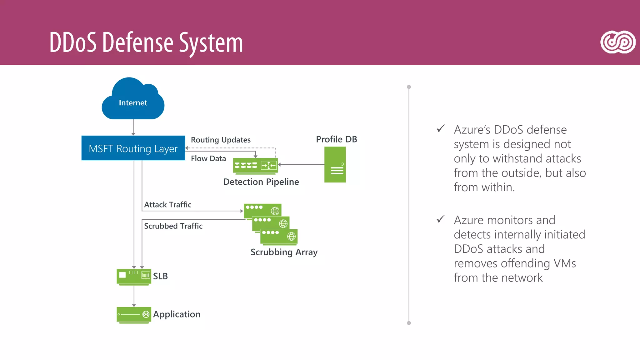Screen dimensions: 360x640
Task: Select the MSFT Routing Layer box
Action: (133, 148)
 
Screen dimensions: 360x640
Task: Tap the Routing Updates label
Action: (221, 140)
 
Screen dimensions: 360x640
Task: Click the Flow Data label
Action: (208, 158)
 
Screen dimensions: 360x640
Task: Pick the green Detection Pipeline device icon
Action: (255, 166)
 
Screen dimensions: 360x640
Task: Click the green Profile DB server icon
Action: (335, 165)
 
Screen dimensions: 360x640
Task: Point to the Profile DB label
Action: (336, 139)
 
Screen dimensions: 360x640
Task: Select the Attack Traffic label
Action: (167, 204)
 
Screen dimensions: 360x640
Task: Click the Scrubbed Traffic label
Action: (173, 226)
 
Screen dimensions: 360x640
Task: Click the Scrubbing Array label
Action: (284, 252)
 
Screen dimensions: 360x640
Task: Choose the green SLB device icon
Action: (134, 276)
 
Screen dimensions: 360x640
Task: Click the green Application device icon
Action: (134, 314)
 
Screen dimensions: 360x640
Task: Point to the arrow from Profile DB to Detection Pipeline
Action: (302, 164)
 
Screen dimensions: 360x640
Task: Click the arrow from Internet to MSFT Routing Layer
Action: (133, 127)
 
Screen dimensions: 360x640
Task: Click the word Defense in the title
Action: (137, 42)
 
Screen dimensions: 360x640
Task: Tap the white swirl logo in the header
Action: (618, 42)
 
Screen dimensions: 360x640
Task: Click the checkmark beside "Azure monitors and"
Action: (441, 219)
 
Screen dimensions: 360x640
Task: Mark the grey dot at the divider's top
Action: (409, 87)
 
